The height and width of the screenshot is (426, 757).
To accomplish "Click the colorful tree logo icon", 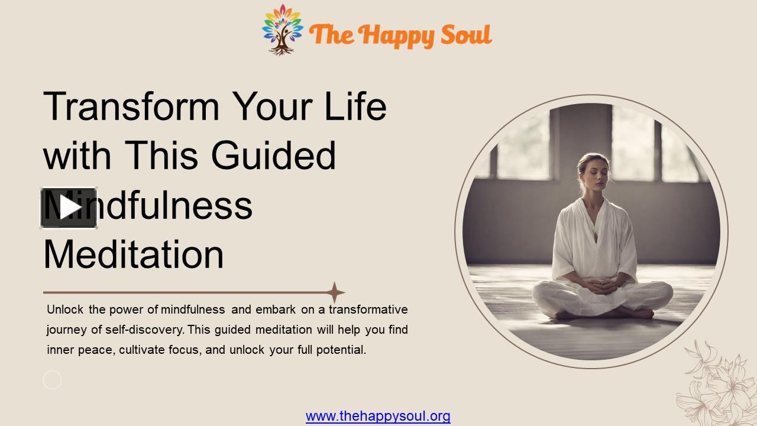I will tap(283, 30).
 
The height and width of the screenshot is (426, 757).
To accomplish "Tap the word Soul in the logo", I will tap(468, 34).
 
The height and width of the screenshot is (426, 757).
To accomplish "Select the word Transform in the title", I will tap(131, 106).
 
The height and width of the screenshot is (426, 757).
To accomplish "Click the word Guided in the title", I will tap(273, 156).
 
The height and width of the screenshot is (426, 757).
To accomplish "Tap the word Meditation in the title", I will tap(134, 254).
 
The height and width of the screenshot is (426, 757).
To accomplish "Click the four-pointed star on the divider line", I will tap(335, 292).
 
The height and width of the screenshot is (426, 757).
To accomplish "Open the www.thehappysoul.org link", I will tap(378, 417).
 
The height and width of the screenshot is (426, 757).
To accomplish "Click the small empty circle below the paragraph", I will tap(52, 380).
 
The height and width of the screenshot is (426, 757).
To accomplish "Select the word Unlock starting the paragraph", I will tap(65, 309).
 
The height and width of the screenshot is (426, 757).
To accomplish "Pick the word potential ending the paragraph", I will tap(341, 350).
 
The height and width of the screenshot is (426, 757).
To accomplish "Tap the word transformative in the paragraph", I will tap(368, 309).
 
